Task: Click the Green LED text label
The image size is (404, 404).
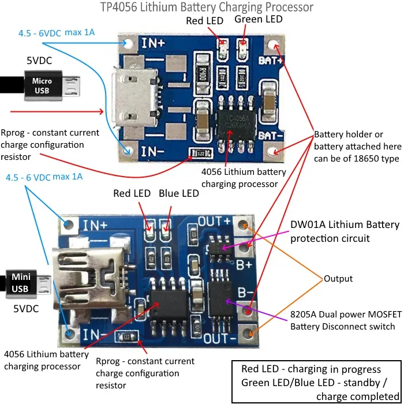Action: (x=259, y=20)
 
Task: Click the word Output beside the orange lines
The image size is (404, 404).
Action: (x=338, y=278)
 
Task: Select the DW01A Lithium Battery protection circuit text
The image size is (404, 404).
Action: (x=344, y=231)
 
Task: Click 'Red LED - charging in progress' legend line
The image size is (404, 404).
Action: (x=311, y=369)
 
